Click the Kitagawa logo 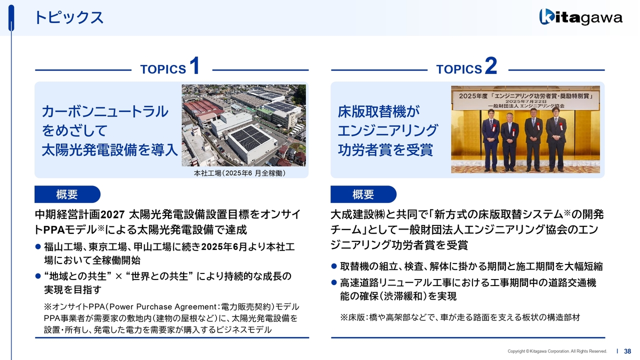(581, 17)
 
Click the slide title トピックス (68, 17)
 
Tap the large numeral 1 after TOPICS (194, 65)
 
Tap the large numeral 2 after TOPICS (491, 65)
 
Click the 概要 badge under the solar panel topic (67, 194)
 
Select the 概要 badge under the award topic (363, 194)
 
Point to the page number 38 (627, 351)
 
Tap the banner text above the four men (525, 100)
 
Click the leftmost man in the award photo (490, 140)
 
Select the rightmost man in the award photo (556, 139)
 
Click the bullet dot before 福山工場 (38, 246)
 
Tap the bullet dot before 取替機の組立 (334, 266)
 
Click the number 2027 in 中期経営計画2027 (113, 214)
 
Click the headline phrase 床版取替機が (379, 111)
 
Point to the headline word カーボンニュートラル (105, 111)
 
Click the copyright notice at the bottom (557, 351)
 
